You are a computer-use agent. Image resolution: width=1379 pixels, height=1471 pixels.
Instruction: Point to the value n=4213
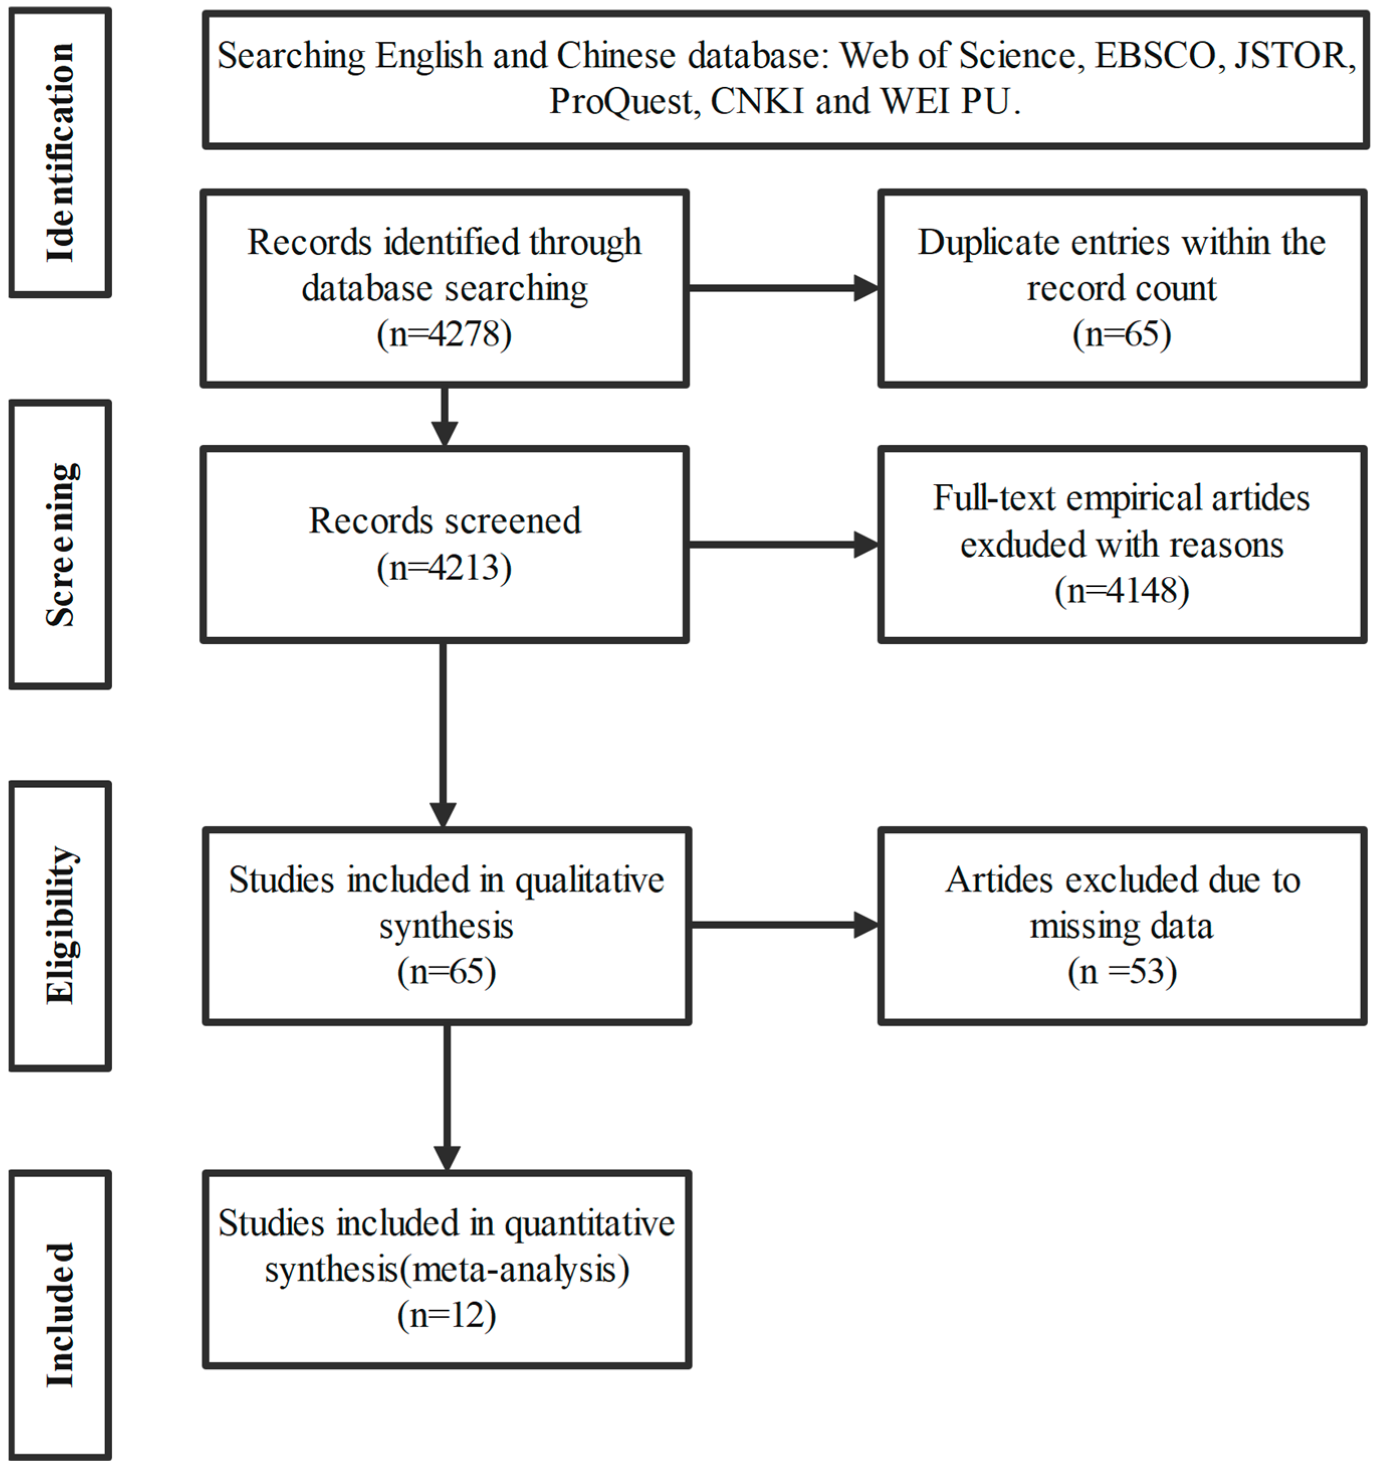point(444,568)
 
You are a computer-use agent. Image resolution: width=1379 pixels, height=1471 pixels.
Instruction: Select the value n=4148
point(1121,590)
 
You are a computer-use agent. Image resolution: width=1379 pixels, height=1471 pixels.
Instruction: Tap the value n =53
point(1121,972)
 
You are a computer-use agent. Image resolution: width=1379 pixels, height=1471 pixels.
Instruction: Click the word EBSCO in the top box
point(1155,55)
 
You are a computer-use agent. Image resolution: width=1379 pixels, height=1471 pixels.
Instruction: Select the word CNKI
point(757,101)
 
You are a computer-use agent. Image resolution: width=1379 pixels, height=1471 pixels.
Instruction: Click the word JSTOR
point(1294,55)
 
